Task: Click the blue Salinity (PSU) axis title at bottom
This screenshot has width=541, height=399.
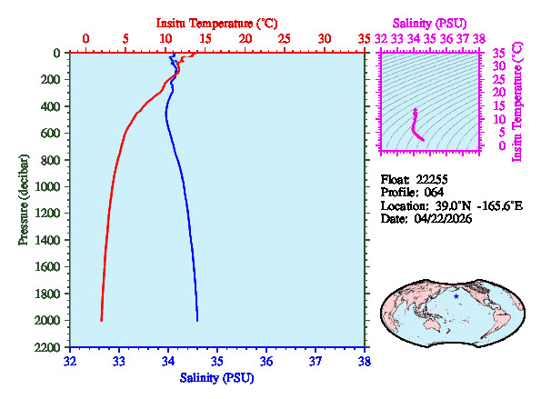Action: click(216, 377)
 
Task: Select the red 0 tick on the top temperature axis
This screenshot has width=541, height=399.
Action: click(86, 39)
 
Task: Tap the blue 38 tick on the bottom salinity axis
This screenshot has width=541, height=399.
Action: click(365, 361)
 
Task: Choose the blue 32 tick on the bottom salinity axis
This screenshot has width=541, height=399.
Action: click(71, 361)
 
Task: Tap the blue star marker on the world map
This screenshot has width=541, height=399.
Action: click(456, 295)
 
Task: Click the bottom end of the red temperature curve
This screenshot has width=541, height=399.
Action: click(101, 320)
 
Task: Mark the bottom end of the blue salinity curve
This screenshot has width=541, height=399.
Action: click(197, 320)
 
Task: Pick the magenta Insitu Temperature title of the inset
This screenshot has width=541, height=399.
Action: click(518, 101)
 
